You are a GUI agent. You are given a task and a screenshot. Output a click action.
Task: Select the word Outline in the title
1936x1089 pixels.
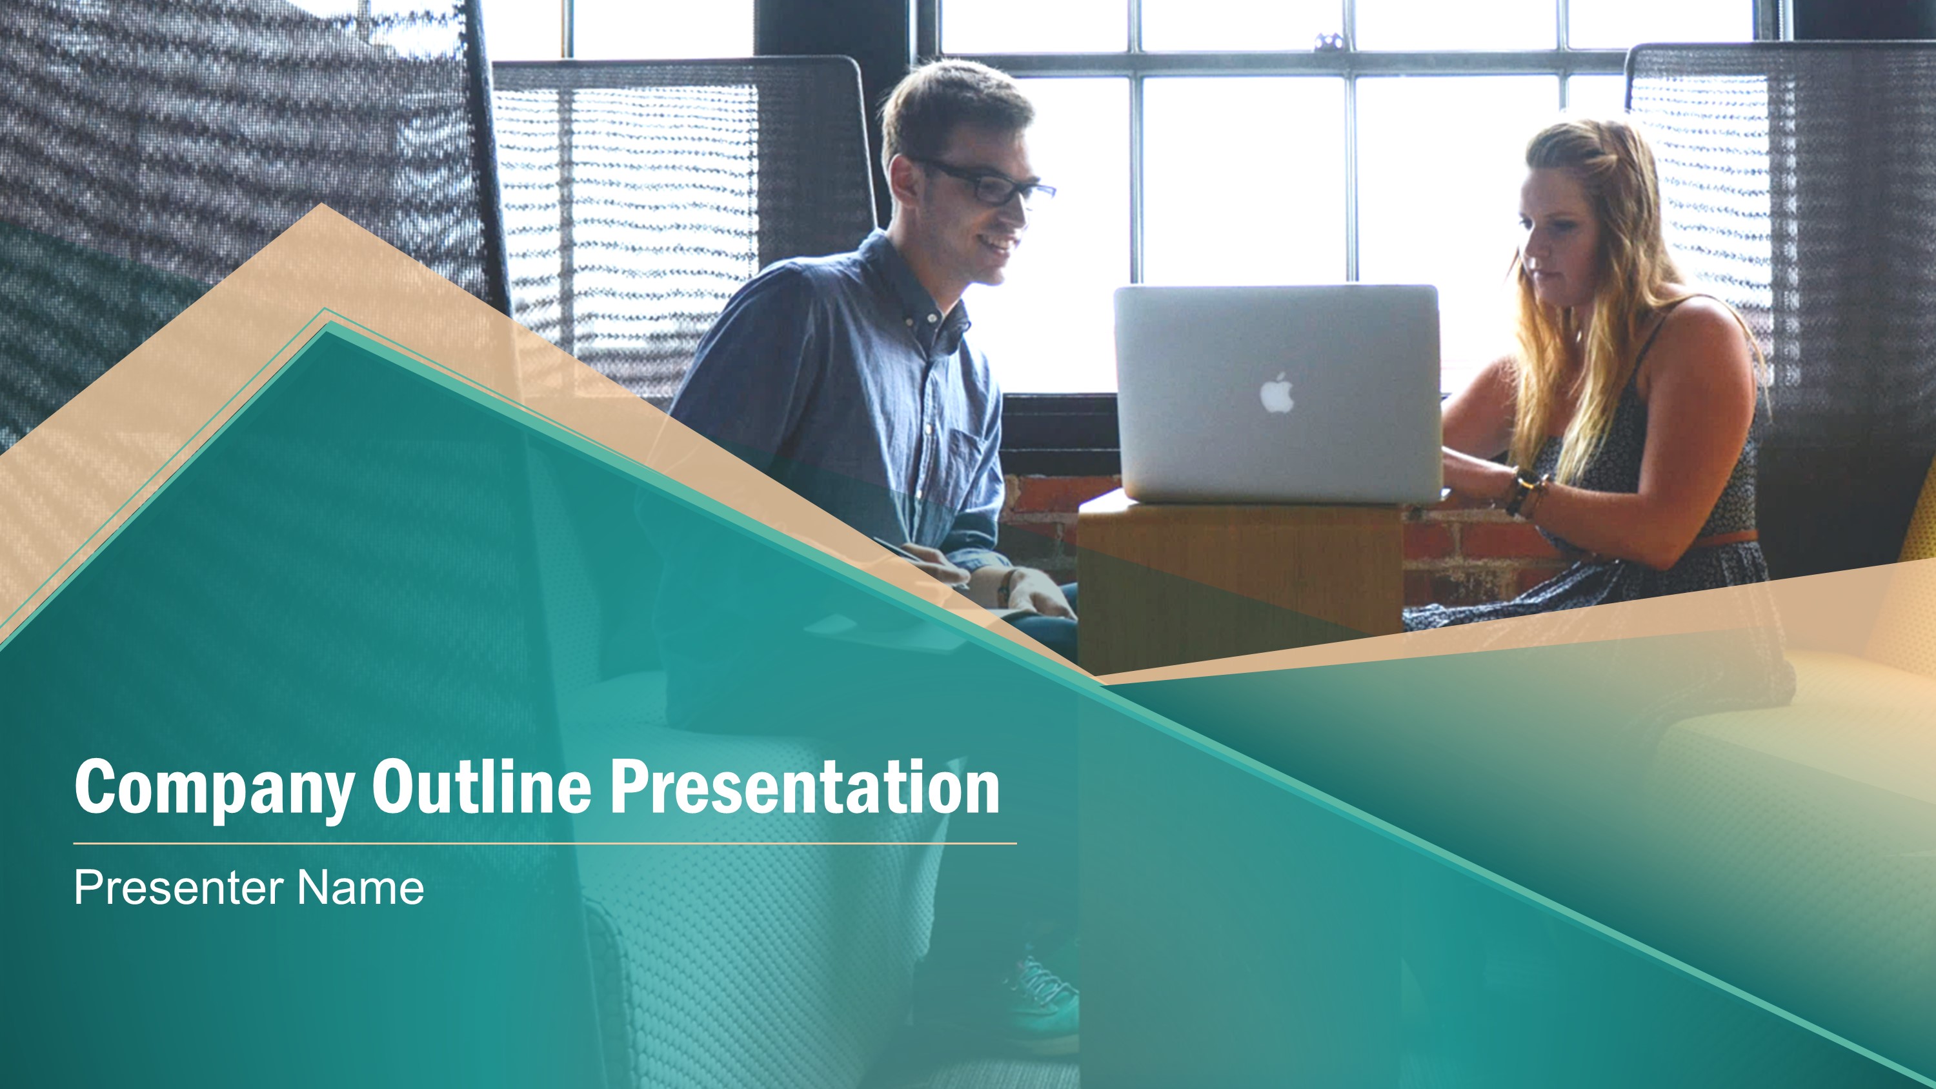point(481,785)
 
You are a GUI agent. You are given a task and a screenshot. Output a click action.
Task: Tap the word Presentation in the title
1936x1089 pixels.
point(804,786)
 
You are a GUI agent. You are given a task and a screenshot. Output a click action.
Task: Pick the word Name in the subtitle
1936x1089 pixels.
point(360,888)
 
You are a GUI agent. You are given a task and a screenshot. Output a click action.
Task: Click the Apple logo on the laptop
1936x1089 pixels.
point(1277,393)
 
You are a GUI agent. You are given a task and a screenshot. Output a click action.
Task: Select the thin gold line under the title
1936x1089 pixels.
point(545,844)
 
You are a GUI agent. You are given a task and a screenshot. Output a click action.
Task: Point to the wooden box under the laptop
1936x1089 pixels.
point(1240,579)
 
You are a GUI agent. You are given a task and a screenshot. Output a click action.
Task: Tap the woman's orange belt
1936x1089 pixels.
point(1729,537)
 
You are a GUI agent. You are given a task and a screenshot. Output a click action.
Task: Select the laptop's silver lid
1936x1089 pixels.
point(1276,393)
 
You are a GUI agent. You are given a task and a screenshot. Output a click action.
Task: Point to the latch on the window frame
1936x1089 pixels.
point(1329,41)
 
